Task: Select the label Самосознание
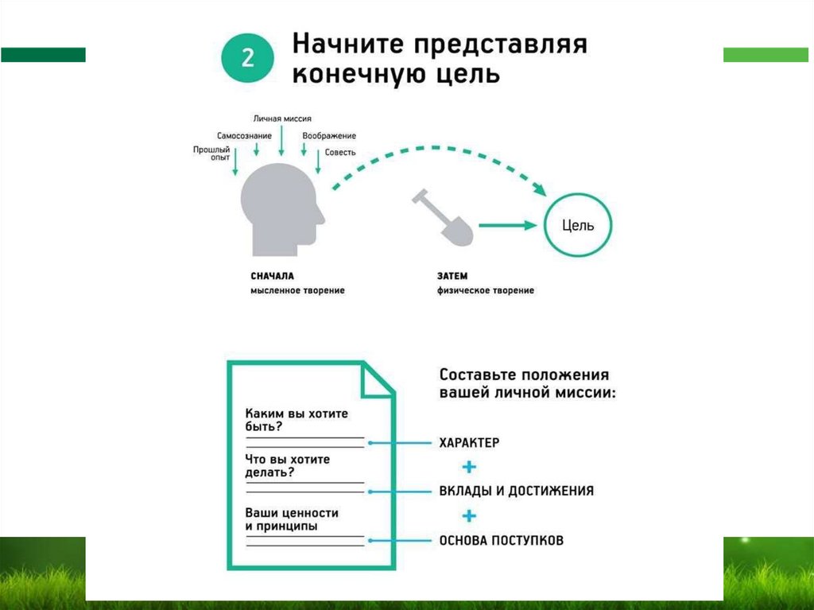tap(244, 136)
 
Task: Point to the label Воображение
tap(329, 136)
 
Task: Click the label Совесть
tap(340, 152)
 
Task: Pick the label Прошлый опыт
tap(211, 153)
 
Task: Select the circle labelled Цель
tap(578, 225)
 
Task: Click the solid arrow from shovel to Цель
tap(509, 226)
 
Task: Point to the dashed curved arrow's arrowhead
tap(538, 189)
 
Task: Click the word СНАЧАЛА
tap(272, 276)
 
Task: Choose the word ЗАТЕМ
tap(452, 276)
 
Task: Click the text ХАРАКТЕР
tap(469, 442)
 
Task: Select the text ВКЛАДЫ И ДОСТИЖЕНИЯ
tap(516, 491)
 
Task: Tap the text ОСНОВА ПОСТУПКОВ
tap(501, 541)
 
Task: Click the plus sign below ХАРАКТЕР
tap(469, 466)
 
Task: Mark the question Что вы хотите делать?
tap(288, 466)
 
